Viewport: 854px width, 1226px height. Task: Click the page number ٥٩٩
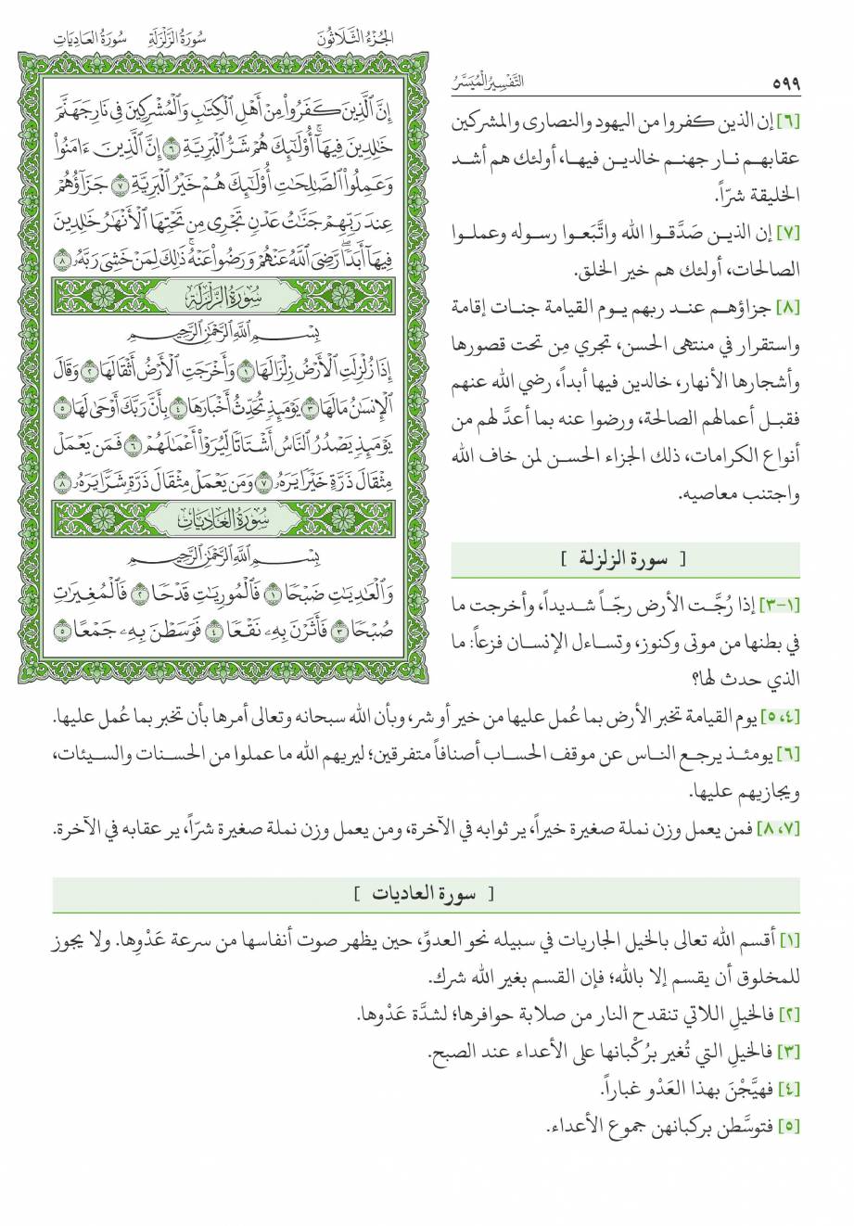[x=784, y=84]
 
